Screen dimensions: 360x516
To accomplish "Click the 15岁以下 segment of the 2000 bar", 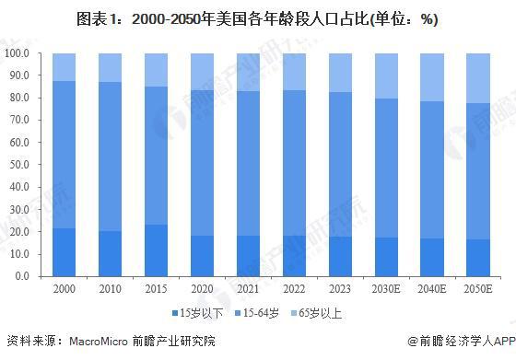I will click(64, 251).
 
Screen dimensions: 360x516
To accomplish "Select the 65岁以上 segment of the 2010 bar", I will click(109, 68).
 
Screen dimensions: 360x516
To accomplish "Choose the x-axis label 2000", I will click(64, 288).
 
